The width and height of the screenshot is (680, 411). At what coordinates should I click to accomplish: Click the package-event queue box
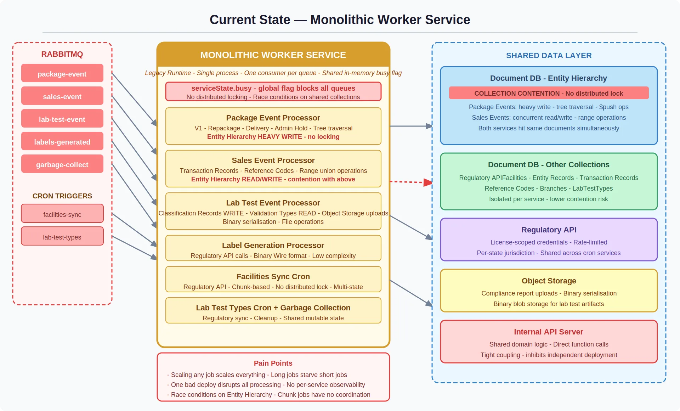click(62, 73)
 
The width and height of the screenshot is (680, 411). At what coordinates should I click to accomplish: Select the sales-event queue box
click(62, 96)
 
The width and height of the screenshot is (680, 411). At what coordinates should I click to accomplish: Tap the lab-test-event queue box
click(62, 119)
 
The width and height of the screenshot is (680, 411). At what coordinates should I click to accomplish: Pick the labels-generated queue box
click(62, 141)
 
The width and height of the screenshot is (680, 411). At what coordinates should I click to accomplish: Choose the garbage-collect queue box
click(62, 164)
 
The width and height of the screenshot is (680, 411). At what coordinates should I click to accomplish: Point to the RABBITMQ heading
click(62, 54)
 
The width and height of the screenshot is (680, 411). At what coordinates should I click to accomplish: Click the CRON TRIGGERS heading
click(62, 196)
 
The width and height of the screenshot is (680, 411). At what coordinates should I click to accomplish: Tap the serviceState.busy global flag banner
click(273, 92)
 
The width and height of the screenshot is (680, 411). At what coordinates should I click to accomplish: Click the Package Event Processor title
click(273, 118)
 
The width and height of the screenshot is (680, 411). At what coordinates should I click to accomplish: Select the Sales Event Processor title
click(273, 160)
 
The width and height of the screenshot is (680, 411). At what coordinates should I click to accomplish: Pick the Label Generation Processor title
click(273, 245)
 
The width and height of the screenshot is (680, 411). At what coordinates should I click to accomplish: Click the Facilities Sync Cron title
click(273, 276)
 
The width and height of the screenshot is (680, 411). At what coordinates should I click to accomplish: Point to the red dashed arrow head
click(428, 182)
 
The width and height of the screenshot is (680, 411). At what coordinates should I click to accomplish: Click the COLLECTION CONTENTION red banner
click(549, 93)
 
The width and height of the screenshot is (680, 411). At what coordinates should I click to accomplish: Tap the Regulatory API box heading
click(549, 230)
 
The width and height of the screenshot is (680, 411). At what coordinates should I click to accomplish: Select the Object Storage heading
click(549, 281)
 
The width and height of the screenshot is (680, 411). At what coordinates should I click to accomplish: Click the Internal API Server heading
click(549, 332)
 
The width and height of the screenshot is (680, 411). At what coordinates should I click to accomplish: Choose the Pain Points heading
click(273, 363)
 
